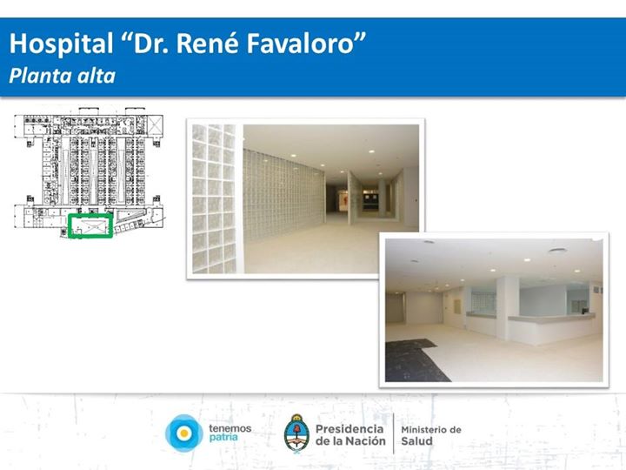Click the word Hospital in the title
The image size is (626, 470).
[x=61, y=44]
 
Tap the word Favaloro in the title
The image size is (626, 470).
[x=301, y=44]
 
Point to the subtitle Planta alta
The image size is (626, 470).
[x=63, y=76]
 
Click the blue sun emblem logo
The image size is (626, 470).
[x=184, y=433]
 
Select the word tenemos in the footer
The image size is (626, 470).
[x=230, y=428]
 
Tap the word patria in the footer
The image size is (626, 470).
[x=223, y=437]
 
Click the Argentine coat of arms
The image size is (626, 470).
[x=296, y=433]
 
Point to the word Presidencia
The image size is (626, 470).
[x=350, y=429]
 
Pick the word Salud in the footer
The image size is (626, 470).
[x=416, y=440]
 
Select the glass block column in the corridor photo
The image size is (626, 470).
[x=214, y=198]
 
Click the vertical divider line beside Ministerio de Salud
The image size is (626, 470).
[x=394, y=433]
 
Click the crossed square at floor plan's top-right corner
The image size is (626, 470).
[x=155, y=125]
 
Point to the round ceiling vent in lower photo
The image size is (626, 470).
[x=557, y=251]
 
